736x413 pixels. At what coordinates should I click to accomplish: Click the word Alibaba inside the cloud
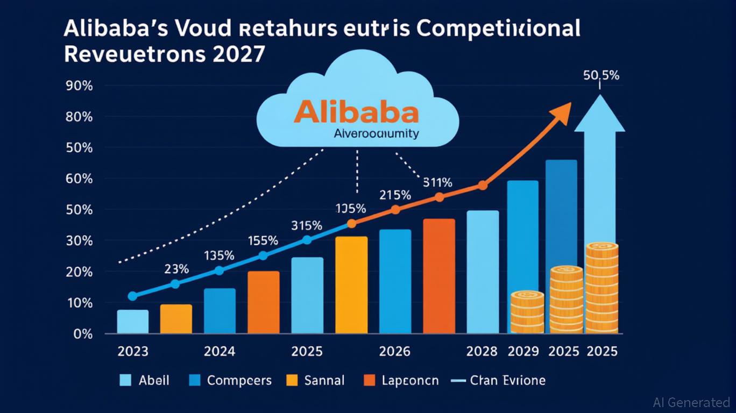pyautogui.click(x=356, y=112)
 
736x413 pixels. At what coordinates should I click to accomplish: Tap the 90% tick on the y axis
pyautogui.click(x=79, y=86)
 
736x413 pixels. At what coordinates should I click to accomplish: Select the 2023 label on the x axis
pyautogui.click(x=132, y=351)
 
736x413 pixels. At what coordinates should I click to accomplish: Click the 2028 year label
pyautogui.click(x=482, y=351)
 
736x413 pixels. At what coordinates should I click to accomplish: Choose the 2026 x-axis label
pyautogui.click(x=394, y=351)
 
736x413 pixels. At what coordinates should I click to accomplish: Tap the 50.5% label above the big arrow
pyautogui.click(x=601, y=76)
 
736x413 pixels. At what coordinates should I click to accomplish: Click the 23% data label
pyautogui.click(x=176, y=268)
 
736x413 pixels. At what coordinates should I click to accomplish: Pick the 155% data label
pyautogui.click(x=263, y=240)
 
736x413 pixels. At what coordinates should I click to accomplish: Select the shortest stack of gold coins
pyautogui.click(x=527, y=312)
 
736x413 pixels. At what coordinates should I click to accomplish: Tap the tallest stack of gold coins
pyautogui.click(x=601, y=288)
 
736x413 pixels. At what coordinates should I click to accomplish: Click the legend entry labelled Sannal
pyautogui.click(x=314, y=381)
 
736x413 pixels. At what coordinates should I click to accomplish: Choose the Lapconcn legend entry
pyautogui.click(x=401, y=381)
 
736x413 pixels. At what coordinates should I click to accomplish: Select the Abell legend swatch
pyautogui.click(x=125, y=381)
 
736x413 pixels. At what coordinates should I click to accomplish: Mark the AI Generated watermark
pyautogui.click(x=691, y=402)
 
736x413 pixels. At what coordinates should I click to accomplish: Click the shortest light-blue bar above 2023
pyautogui.click(x=132, y=322)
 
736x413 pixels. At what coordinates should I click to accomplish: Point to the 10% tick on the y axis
pyautogui.click(x=79, y=303)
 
